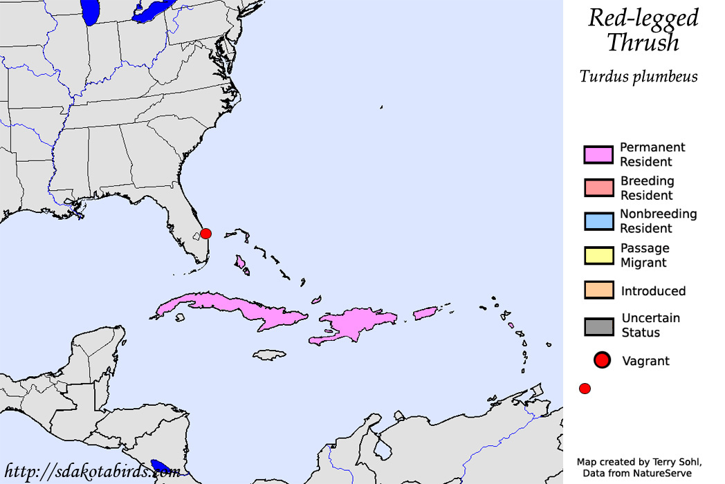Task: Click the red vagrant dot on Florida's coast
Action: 205,234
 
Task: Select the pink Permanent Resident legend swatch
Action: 598,155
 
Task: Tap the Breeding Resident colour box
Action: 598,187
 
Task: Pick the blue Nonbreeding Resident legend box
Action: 598,221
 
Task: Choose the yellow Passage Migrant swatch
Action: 598,255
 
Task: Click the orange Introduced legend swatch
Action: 598,290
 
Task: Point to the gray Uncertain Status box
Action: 598,326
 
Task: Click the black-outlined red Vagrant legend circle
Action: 602,360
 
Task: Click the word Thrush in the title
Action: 643,43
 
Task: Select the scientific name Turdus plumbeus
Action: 639,77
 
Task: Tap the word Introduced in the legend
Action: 653,291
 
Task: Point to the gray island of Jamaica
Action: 268,355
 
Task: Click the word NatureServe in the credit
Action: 661,473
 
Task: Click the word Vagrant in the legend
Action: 645,361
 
